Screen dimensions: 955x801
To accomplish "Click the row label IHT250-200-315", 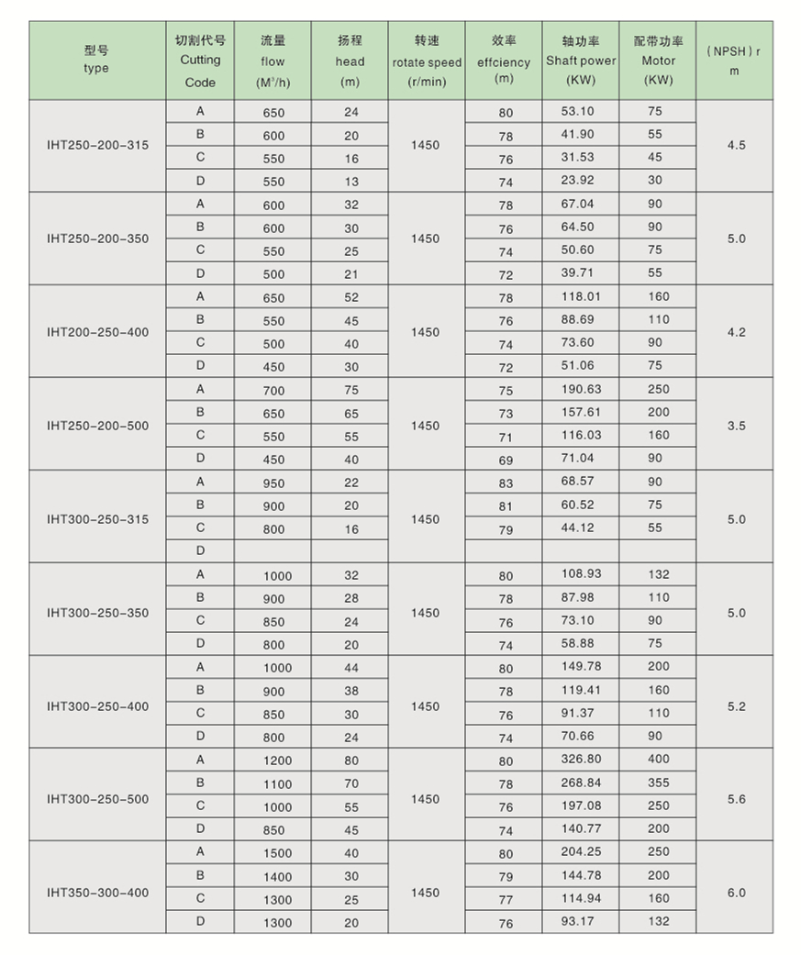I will tap(97, 145).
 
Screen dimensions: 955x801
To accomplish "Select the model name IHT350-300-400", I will tap(97, 893).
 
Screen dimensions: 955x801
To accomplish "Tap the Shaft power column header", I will tap(581, 61).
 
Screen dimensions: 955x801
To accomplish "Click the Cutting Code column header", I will tap(200, 61).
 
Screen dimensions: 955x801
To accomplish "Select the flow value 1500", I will tap(277, 853).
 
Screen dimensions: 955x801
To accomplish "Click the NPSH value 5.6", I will tap(736, 799).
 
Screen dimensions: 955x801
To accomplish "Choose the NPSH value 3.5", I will tap(736, 426).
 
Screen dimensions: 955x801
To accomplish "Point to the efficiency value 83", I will tap(506, 483).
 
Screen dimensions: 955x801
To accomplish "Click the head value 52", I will tap(351, 297).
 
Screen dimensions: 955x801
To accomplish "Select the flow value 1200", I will tap(277, 761).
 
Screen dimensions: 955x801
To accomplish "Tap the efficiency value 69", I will tap(506, 460).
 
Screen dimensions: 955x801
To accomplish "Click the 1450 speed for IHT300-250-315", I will tap(426, 519).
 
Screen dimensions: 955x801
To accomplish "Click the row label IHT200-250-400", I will tap(97, 332).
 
